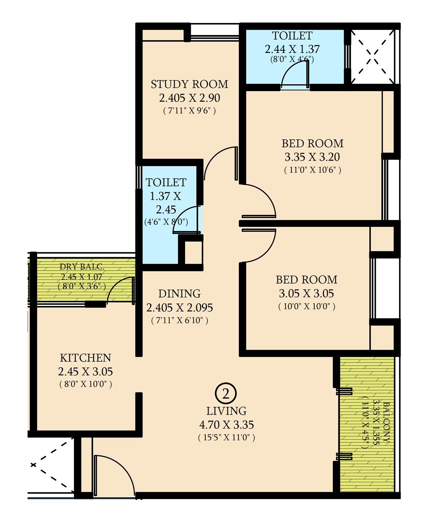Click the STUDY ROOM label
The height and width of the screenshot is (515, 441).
(x=189, y=84)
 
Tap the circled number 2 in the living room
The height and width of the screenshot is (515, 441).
(x=226, y=394)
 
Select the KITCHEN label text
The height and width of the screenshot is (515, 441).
(x=85, y=358)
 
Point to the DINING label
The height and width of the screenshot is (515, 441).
(x=179, y=294)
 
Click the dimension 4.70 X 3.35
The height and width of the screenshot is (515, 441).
(x=226, y=425)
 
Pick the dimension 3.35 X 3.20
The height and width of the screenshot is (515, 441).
(x=312, y=157)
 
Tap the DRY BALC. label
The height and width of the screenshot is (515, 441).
(x=82, y=267)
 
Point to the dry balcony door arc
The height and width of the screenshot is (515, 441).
(x=119, y=289)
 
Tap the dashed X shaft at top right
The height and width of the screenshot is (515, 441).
(x=372, y=56)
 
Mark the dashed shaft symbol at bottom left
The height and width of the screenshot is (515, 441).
(x=52, y=465)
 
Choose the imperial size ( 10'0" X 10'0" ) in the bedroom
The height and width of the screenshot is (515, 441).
(x=306, y=306)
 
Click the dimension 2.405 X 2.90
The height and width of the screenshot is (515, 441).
(x=189, y=98)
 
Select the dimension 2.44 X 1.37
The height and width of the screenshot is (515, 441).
(x=292, y=49)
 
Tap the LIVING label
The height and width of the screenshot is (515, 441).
(x=226, y=411)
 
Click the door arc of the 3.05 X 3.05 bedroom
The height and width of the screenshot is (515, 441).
(x=262, y=246)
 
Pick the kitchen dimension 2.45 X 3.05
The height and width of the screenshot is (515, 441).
(x=85, y=372)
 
